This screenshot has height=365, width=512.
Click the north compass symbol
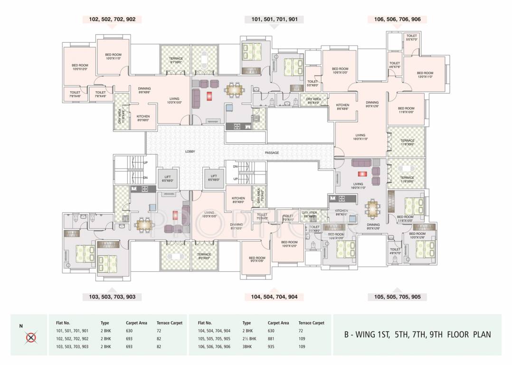(31, 337)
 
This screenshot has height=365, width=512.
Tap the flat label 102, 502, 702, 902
(112, 19)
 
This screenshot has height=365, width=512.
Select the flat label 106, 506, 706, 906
(397, 19)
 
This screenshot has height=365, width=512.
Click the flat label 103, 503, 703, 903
(112, 297)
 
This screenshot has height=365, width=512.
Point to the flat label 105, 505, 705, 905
(397, 297)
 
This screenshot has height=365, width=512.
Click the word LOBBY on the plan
(190, 152)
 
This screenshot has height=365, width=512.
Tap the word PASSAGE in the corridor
(272, 153)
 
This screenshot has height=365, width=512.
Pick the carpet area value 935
(272, 346)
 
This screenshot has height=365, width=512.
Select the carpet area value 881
(272, 339)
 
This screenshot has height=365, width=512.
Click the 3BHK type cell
(247, 346)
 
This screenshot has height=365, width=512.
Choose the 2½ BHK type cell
(249, 339)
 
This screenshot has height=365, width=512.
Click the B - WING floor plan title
(417, 334)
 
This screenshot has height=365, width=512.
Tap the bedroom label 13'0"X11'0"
(425, 75)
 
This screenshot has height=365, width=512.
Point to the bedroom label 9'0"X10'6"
(257, 259)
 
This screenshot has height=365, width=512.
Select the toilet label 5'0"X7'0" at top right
(411, 38)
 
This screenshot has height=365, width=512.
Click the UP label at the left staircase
(145, 163)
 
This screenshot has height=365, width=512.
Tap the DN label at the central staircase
(235, 167)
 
